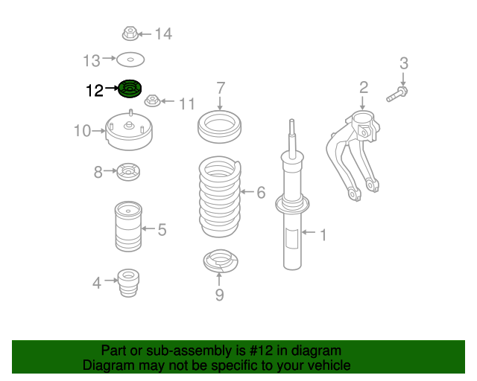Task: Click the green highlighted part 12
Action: coord(130,89)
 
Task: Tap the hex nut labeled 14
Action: coord(130,33)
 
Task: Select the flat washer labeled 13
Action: coord(130,60)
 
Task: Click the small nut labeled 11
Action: coord(152,100)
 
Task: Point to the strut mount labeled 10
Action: coord(129,131)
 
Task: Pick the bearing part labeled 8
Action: coord(128,172)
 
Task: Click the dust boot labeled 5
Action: coord(128,226)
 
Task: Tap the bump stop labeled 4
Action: coord(128,283)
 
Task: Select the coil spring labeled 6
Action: coord(220,196)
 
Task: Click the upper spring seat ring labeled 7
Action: coord(219,127)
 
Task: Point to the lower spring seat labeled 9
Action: coord(221,261)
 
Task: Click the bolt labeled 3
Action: coord(397,95)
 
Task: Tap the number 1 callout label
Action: coord(323,235)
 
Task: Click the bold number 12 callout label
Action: coord(95,91)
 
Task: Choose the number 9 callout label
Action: coord(220,295)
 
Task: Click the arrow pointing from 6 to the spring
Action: coord(247,192)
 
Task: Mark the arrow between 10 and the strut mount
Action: coord(98,131)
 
